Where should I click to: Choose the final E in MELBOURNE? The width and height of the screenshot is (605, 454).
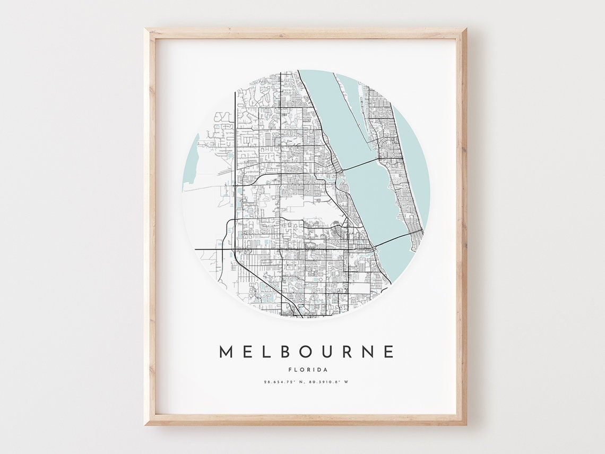388,352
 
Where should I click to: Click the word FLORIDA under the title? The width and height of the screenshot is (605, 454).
308,370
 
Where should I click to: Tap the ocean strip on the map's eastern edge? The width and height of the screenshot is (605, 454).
417,159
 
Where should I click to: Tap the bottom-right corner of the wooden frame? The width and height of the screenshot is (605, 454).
465,424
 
